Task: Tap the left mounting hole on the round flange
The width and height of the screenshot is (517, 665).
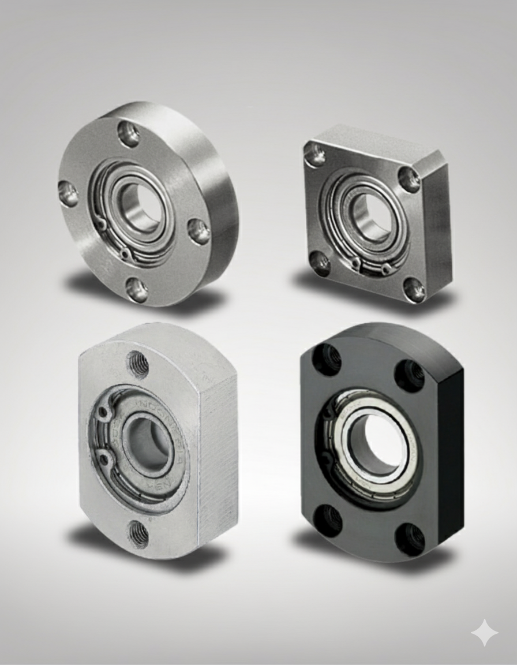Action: (x=69, y=194)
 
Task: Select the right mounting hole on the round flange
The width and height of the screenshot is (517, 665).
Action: (x=200, y=231)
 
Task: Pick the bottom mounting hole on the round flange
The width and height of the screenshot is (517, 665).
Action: (x=137, y=289)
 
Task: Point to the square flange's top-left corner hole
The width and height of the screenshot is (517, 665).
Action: (x=316, y=155)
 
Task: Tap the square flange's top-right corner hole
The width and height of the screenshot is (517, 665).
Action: (x=409, y=180)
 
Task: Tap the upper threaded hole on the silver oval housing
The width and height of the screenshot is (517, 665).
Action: (x=138, y=364)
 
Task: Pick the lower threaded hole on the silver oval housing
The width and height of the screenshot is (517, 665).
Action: (x=138, y=533)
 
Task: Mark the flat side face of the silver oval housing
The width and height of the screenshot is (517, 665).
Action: (x=218, y=450)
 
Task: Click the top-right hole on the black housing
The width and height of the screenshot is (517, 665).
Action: (x=410, y=375)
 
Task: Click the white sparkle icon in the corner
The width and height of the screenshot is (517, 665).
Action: (x=484, y=633)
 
